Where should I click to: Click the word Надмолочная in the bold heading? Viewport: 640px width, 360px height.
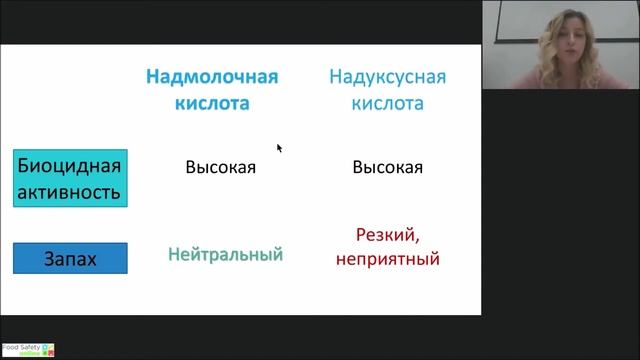tap(211, 77)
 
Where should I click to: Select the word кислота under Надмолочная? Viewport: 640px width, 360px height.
tap(211, 103)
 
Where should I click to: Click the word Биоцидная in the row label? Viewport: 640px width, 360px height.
tap(70, 166)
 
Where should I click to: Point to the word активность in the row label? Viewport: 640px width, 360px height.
tap(70, 191)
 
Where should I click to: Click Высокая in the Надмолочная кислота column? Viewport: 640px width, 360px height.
tap(220, 167)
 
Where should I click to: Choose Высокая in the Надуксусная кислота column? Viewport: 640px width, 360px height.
tap(387, 167)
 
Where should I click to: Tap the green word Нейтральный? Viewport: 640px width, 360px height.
tap(225, 255)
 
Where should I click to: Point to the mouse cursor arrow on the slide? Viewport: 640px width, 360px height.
tap(279, 147)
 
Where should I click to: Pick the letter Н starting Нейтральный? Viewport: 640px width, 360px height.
tap(173, 255)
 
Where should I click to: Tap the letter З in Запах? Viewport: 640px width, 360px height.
tap(48, 260)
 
